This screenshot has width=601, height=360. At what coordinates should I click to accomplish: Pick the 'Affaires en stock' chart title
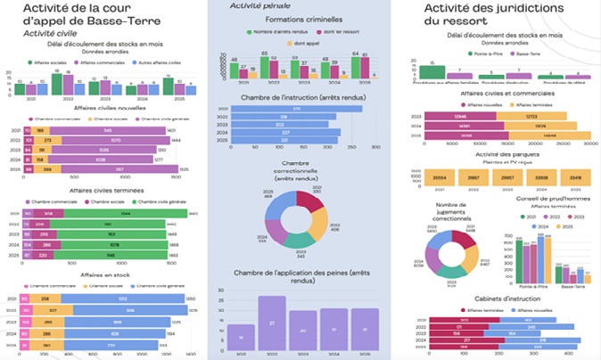coord(97,277)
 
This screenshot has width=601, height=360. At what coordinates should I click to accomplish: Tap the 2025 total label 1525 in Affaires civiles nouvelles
coord(183,168)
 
